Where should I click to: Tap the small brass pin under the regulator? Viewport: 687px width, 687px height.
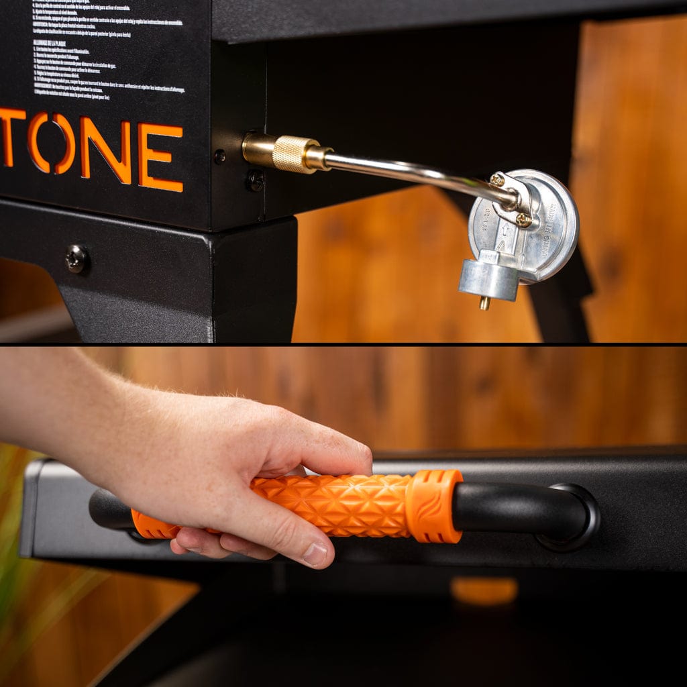[484, 303]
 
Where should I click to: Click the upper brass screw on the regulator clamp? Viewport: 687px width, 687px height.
[497, 179]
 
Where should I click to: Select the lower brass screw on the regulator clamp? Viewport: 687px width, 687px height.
[523, 219]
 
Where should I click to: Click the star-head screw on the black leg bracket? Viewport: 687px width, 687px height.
[77, 258]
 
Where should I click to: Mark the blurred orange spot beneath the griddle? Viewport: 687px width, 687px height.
[484, 590]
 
